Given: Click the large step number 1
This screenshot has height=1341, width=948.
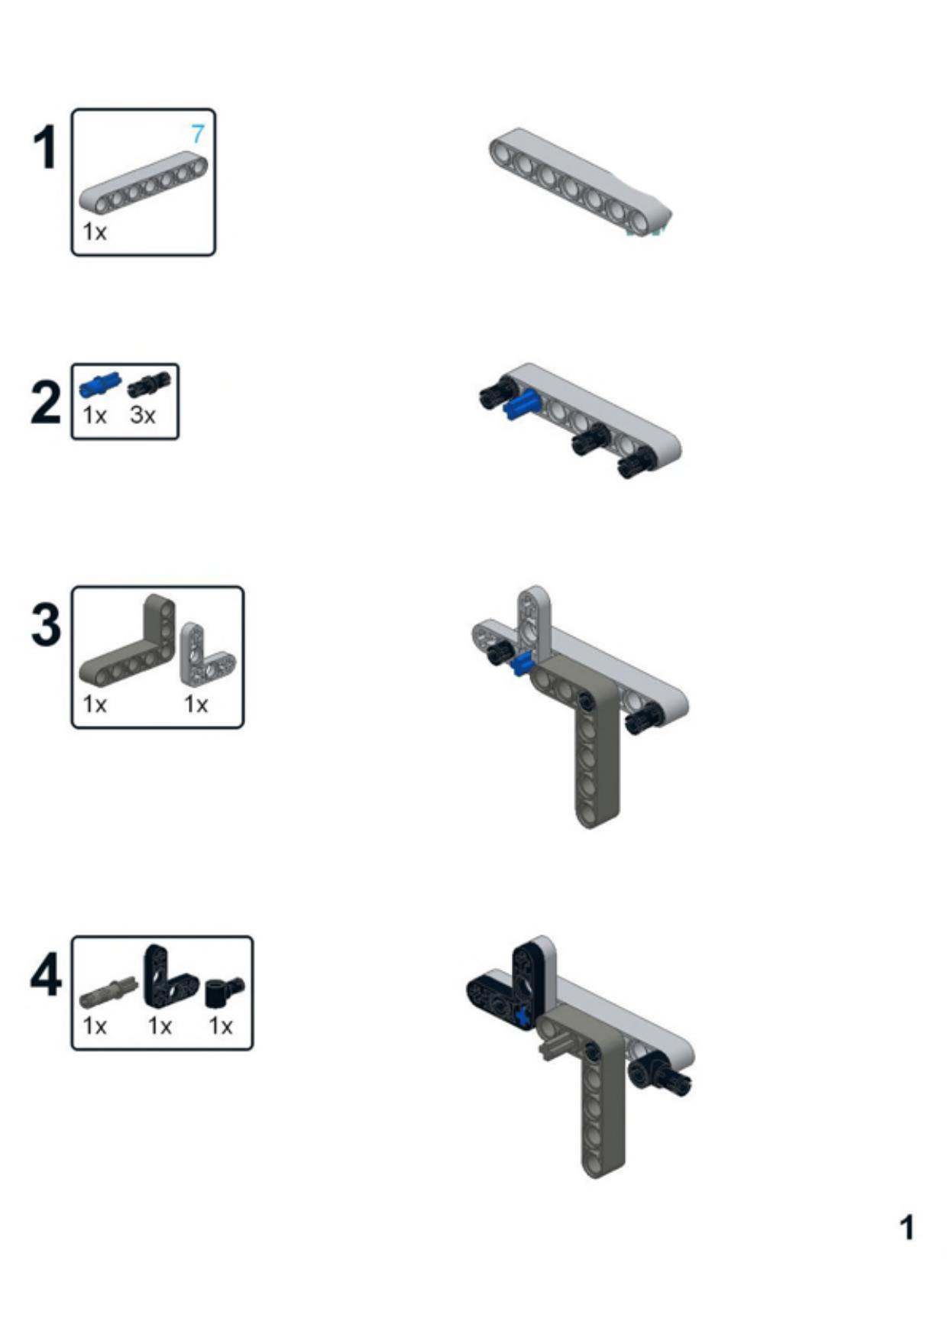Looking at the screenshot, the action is coord(46,148).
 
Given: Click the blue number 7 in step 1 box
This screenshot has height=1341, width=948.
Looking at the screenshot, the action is coord(198,134).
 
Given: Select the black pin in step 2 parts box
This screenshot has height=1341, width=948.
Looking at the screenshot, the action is coord(149,384).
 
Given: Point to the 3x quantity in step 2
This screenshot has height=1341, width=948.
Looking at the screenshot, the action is coord(143,416).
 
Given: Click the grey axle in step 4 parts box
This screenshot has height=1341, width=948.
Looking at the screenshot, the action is coord(108,991).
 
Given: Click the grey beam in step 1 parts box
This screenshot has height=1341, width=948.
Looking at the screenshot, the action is coord(144,183).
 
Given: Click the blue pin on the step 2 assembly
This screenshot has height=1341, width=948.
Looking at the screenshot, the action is coord(522,404).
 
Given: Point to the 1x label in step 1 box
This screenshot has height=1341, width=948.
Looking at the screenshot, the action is coord(95,232).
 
